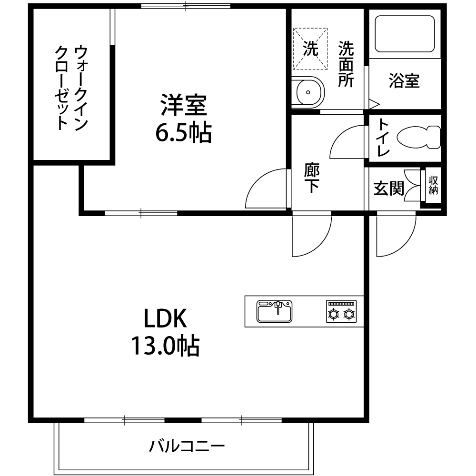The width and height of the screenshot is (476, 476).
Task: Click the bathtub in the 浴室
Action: click(x=405, y=34)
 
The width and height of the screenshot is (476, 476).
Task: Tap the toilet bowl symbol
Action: click(x=418, y=137)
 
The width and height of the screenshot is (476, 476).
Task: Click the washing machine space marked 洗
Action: click(x=310, y=49)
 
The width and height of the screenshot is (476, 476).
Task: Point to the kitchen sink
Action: click(x=275, y=311)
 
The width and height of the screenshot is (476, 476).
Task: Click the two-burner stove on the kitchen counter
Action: click(x=341, y=311)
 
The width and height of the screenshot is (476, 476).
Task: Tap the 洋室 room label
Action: click(x=184, y=105)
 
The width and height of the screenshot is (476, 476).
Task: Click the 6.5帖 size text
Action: click(x=183, y=133)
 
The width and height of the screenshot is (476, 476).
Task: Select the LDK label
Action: click(x=165, y=318)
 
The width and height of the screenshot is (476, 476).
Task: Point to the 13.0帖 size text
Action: click(x=165, y=346)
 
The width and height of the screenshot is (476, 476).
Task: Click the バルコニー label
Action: click(x=187, y=446)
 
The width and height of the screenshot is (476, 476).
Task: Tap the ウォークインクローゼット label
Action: click(x=71, y=88)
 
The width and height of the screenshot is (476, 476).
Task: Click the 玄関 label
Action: click(x=388, y=188)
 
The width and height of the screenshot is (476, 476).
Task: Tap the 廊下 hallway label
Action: click(x=311, y=178)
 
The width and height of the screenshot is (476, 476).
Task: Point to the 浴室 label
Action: click(x=404, y=81)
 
